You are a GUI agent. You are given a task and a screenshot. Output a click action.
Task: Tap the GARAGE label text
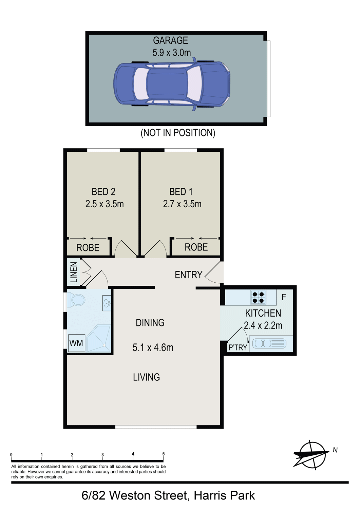pyautogui.click(x=170, y=41)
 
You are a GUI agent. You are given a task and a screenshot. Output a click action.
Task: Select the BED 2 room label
pyautogui.click(x=103, y=192)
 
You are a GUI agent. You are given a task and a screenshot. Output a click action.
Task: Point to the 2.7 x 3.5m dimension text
pyautogui.click(x=182, y=204)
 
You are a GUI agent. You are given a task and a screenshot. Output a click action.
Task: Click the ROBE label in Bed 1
pyautogui.click(x=196, y=247)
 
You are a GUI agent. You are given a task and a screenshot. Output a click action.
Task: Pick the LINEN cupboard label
pyautogui.click(x=74, y=272)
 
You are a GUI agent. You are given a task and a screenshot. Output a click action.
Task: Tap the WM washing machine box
pyautogui.click(x=77, y=343)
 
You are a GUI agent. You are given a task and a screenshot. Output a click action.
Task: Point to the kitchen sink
pyautogui.click(x=269, y=343)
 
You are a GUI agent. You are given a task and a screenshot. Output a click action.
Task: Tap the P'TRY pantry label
pyautogui.click(x=238, y=347)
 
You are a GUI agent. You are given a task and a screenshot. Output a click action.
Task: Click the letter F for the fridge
pyautogui.click(x=284, y=297)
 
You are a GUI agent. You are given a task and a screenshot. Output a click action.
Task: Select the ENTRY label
pyautogui.click(x=188, y=275)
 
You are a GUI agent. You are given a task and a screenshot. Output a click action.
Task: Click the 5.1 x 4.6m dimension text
pyautogui.click(x=153, y=348)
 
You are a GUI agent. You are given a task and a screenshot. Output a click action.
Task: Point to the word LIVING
pyautogui.click(x=146, y=377)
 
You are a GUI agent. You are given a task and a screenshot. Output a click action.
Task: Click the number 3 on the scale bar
pyautogui.click(x=102, y=455)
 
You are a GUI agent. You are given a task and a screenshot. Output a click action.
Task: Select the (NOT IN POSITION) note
pyautogui.click(x=178, y=133)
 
